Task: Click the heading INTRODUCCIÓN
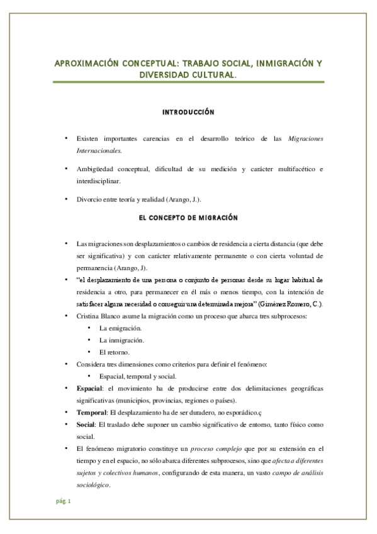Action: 189,112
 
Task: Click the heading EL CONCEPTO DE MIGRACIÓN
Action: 188,217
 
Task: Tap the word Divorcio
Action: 89,199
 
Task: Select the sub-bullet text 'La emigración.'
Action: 120,328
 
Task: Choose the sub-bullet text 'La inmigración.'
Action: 122,340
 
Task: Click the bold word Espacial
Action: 87,389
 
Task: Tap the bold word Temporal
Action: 90,412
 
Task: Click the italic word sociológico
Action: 93,485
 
